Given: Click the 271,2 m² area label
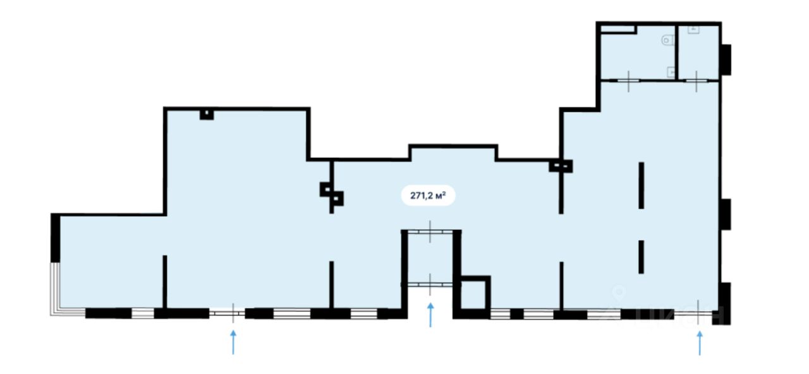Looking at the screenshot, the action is [428, 195].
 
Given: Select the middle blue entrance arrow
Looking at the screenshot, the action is [430, 315].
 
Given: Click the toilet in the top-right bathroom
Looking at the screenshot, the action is [666, 41].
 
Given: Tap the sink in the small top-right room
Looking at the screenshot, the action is [693, 30].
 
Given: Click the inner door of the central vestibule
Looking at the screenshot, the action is [430, 232].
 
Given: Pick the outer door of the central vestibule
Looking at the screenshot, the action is [430, 285].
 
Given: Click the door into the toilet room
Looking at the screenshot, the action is [629, 80].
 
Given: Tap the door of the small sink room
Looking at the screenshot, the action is [696, 80].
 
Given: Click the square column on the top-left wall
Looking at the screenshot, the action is [206, 114].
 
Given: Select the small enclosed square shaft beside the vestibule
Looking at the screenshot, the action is [474, 294].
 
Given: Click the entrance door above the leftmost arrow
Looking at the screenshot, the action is [229, 312].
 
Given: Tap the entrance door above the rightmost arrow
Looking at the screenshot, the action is [699, 312].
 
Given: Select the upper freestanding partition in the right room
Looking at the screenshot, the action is [641, 185].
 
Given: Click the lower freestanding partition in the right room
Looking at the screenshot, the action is [641, 256].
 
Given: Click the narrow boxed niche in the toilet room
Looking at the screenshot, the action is [617, 28].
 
